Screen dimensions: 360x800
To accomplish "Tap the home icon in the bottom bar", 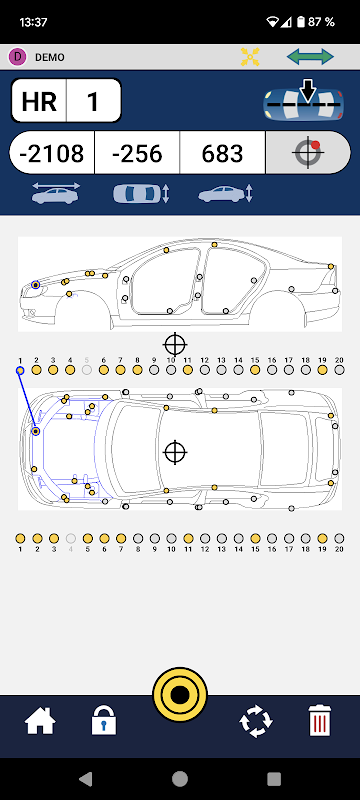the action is pyautogui.click(x=40, y=721).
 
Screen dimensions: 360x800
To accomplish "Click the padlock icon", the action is pyautogui.click(x=104, y=721).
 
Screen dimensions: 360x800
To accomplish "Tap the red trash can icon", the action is pyautogui.click(x=320, y=720).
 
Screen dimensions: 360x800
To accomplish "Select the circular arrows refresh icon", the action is pyautogui.click(x=256, y=721).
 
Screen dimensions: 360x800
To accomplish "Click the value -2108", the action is pyautogui.click(x=52, y=153).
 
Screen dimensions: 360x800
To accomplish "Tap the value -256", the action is pyautogui.click(x=137, y=153).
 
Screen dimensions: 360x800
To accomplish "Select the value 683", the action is pyautogui.click(x=222, y=153).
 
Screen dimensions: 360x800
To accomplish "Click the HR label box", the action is pyautogui.click(x=39, y=101).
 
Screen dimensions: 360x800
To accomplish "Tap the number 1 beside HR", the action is pyautogui.click(x=93, y=101).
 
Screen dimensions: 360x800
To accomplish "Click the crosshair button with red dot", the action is pyautogui.click(x=307, y=153).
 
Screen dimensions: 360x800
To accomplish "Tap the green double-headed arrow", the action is pyautogui.click(x=310, y=57).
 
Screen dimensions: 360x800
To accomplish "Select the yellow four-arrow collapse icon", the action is pyautogui.click(x=250, y=57).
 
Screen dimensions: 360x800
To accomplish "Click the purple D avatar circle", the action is pyautogui.click(x=17, y=57).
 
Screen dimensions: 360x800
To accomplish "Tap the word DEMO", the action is pyautogui.click(x=49, y=57).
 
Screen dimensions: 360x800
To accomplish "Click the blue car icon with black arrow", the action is pyautogui.click(x=303, y=103).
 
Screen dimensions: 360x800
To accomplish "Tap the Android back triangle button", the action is pyautogui.click(x=85, y=778).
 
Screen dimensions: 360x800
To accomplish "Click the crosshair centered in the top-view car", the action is pyautogui.click(x=175, y=452).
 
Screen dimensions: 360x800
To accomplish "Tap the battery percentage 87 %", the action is pyautogui.click(x=322, y=21).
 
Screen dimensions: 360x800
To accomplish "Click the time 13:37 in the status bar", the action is pyautogui.click(x=33, y=22).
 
